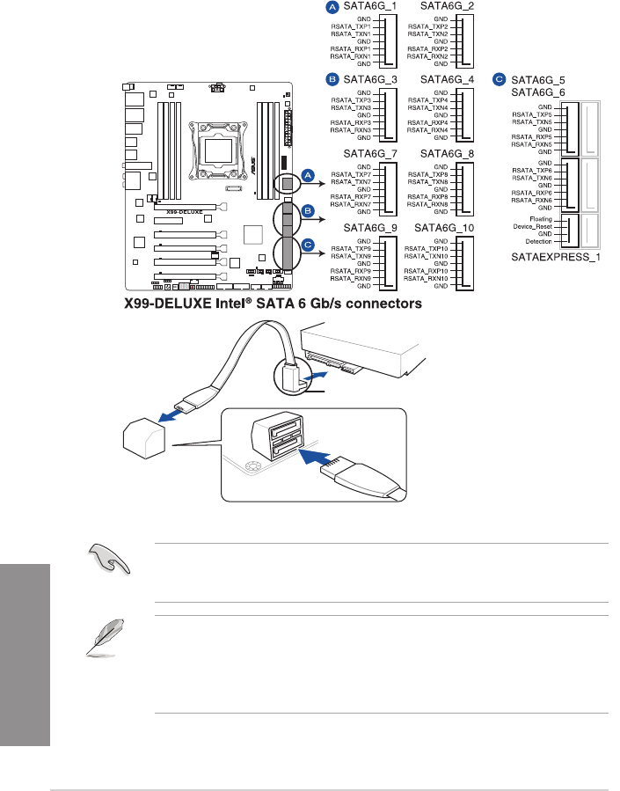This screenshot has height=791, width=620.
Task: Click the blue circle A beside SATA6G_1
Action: [x=332, y=7]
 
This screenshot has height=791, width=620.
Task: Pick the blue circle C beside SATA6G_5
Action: [x=500, y=79]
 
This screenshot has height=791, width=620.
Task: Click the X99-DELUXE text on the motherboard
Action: [x=179, y=212]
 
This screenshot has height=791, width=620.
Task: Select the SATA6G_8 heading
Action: [x=448, y=154]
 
